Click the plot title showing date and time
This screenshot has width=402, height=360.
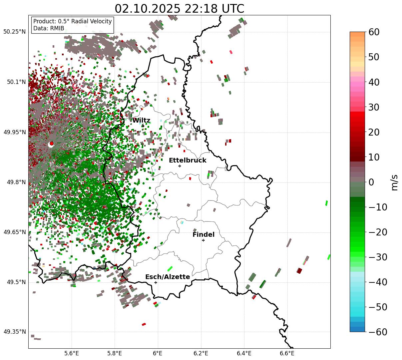point(179,9)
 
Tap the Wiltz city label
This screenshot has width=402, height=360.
point(141,121)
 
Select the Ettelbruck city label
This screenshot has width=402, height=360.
point(188,161)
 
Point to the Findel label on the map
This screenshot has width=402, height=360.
point(203,235)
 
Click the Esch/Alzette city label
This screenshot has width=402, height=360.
point(168,277)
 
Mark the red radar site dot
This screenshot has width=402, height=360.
point(52,144)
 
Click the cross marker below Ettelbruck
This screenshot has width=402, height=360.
point(180,166)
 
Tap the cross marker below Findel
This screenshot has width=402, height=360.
point(203,240)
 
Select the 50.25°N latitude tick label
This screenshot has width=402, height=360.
point(14,32)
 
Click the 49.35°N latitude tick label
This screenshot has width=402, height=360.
point(14,332)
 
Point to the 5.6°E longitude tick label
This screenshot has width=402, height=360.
point(72,353)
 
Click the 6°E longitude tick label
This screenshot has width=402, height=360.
point(158,353)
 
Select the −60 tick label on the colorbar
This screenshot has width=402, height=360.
point(378,332)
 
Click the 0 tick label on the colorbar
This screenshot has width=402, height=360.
point(371,182)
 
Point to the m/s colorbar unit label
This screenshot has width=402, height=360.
point(395,182)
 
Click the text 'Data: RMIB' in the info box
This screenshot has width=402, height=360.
point(49,28)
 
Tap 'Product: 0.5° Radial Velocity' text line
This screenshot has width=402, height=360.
point(72,21)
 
